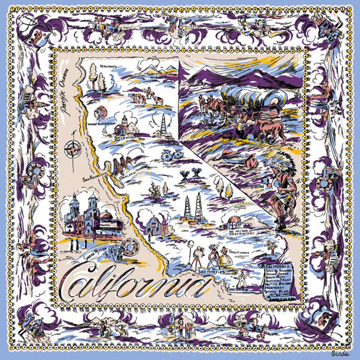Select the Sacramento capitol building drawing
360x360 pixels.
pyautogui.click(x=122, y=123)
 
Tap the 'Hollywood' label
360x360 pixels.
pyautogui.click(x=239, y=251)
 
